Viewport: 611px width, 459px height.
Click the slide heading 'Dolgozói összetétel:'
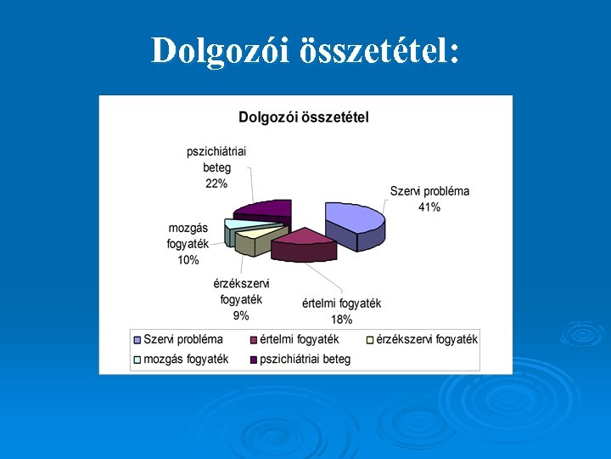[305, 51]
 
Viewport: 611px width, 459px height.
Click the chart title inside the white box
[304, 117]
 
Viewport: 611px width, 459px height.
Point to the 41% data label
[429, 207]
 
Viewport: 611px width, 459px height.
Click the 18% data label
[341, 320]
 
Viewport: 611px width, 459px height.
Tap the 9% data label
[241, 315]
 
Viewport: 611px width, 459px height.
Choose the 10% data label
[188, 260]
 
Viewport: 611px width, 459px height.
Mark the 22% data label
[216, 184]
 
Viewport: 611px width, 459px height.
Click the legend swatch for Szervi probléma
[137, 340]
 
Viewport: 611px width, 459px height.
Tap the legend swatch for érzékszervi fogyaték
[368, 340]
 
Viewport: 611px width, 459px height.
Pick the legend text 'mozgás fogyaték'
[186, 359]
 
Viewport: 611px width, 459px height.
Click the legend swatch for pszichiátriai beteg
[253, 360]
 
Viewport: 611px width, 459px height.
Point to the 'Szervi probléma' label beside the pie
[429, 191]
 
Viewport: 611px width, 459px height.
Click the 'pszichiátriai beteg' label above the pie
[216, 160]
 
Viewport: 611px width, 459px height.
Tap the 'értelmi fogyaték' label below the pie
[341, 303]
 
